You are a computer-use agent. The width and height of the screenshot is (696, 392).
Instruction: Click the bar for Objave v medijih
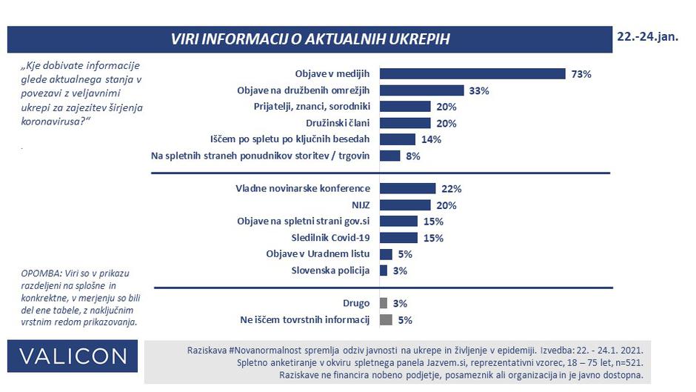[x=472, y=73]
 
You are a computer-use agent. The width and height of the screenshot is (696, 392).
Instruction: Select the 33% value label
[x=478, y=90]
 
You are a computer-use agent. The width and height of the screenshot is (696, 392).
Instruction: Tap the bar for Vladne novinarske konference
[x=407, y=189]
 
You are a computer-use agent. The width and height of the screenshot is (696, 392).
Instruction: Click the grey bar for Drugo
[x=383, y=303]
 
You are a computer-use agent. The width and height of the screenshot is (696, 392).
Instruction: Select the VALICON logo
[x=73, y=356]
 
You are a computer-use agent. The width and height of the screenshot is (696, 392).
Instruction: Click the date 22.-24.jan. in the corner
[x=646, y=36]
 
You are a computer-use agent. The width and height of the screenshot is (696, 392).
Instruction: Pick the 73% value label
[x=580, y=74]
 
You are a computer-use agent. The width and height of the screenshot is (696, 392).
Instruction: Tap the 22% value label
[x=451, y=189]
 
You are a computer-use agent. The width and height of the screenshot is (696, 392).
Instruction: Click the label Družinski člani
[x=338, y=123]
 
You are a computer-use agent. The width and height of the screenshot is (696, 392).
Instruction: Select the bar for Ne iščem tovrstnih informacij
[x=385, y=320]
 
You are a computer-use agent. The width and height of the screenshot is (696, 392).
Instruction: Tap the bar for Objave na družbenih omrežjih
[x=421, y=90]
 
